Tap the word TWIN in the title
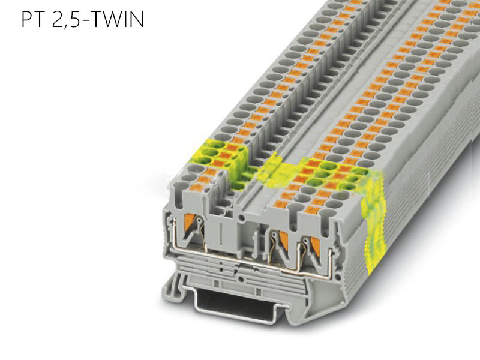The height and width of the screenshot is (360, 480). point(117,20)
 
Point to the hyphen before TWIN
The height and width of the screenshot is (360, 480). point(85,22)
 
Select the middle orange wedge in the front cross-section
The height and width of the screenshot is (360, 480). point(284,239)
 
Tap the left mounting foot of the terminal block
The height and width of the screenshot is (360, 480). point(174,287)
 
